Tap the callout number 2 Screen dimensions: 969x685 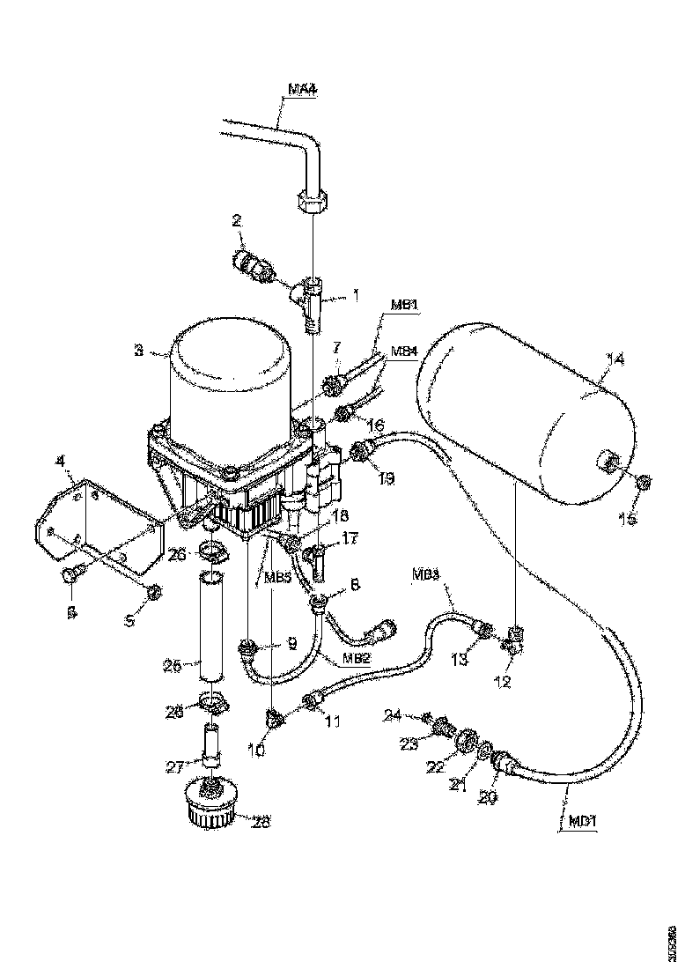pyautogui.click(x=237, y=221)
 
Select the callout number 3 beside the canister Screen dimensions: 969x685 pyautogui.click(x=138, y=351)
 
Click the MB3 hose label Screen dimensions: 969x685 pyautogui.click(x=424, y=573)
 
